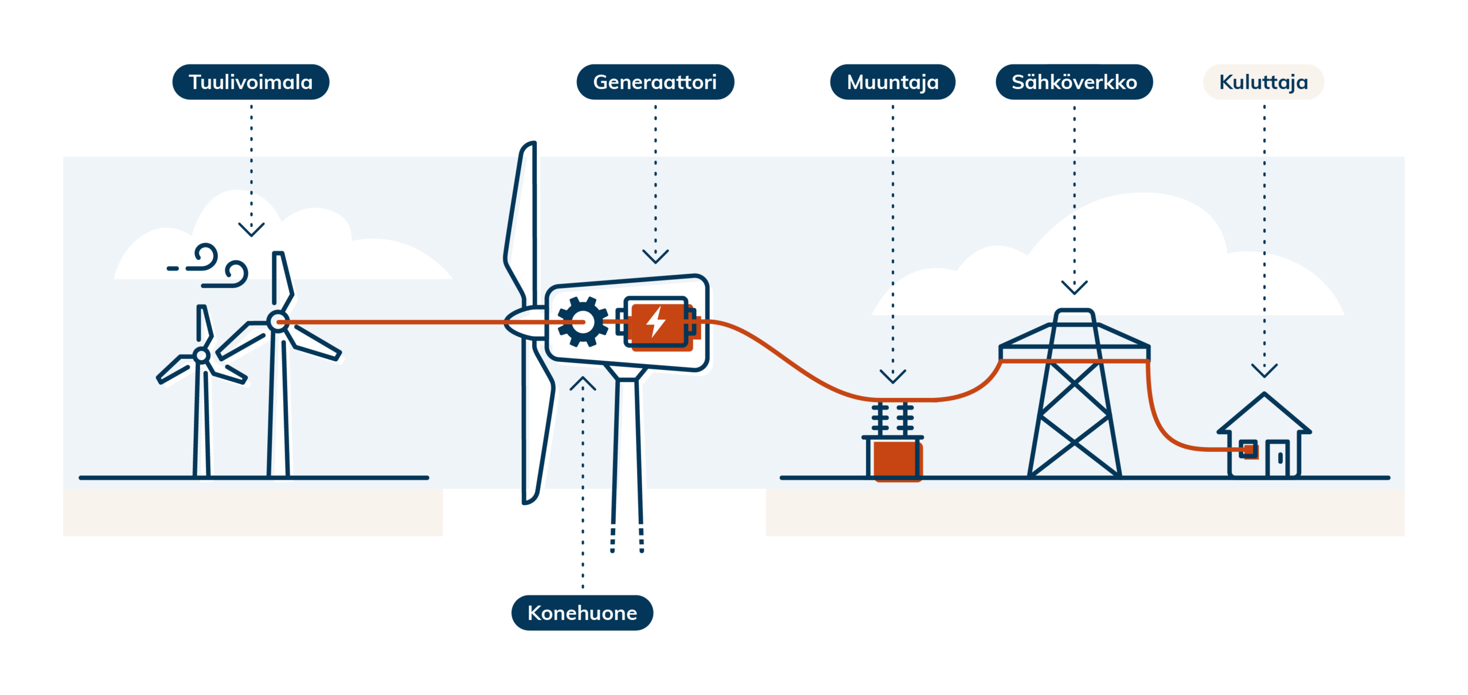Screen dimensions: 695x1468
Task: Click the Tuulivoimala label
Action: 251,82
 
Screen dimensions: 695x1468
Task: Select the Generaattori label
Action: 655,82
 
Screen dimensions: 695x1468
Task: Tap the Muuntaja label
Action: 892,82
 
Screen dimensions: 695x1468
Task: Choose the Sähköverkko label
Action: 1074,82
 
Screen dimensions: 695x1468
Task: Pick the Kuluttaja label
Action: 1263,82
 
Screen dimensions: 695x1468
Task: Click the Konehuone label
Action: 582,612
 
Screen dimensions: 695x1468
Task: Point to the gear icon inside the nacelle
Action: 583,322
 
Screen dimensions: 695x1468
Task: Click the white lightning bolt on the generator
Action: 656,321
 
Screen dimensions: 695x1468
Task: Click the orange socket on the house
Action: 1248,450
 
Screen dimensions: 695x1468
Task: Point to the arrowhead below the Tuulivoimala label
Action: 251,230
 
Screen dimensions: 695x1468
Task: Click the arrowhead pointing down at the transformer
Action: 893,377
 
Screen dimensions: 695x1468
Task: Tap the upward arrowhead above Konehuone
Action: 583,383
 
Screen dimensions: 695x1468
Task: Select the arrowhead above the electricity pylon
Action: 1074,287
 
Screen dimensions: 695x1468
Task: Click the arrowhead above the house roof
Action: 1264,370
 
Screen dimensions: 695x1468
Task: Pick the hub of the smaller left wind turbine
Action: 201,356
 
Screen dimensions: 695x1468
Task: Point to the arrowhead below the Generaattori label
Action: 655,256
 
